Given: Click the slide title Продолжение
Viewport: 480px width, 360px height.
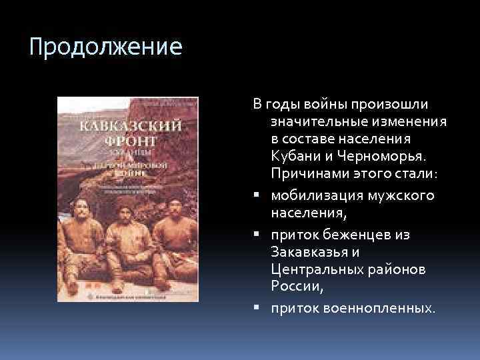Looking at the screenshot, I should pos(106,48).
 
